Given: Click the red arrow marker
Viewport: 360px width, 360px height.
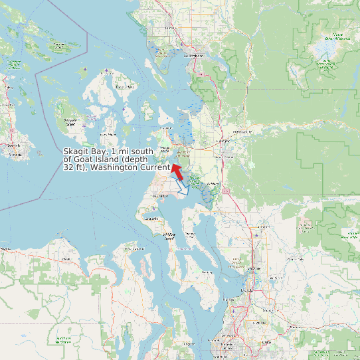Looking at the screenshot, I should point(177,171).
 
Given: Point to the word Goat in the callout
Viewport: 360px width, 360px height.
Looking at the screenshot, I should point(84,160).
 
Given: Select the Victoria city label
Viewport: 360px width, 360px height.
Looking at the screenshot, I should point(15,154).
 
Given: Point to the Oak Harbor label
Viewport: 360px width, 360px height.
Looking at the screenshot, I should point(165,149).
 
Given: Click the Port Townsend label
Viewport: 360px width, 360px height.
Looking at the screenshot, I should point(160,197).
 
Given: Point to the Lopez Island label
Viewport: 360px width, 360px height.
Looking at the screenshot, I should point(70,122).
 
